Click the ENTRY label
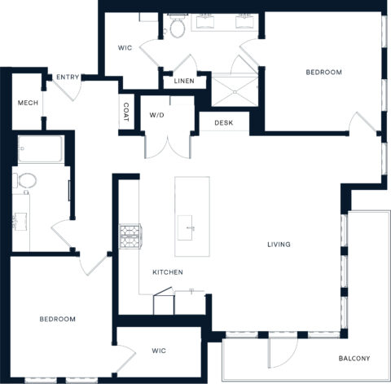point(68,77)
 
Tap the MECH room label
point(28,102)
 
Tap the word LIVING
point(279,245)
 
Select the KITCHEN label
point(167,271)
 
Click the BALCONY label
point(354,359)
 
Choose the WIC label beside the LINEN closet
point(125,47)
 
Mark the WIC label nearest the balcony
point(159,351)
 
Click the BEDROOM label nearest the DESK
point(323,73)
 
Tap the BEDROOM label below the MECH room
point(57,319)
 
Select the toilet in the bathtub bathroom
point(24,181)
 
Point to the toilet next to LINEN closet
point(178,29)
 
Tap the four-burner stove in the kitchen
point(130,236)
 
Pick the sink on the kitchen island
point(188,225)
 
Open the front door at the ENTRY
point(69,91)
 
